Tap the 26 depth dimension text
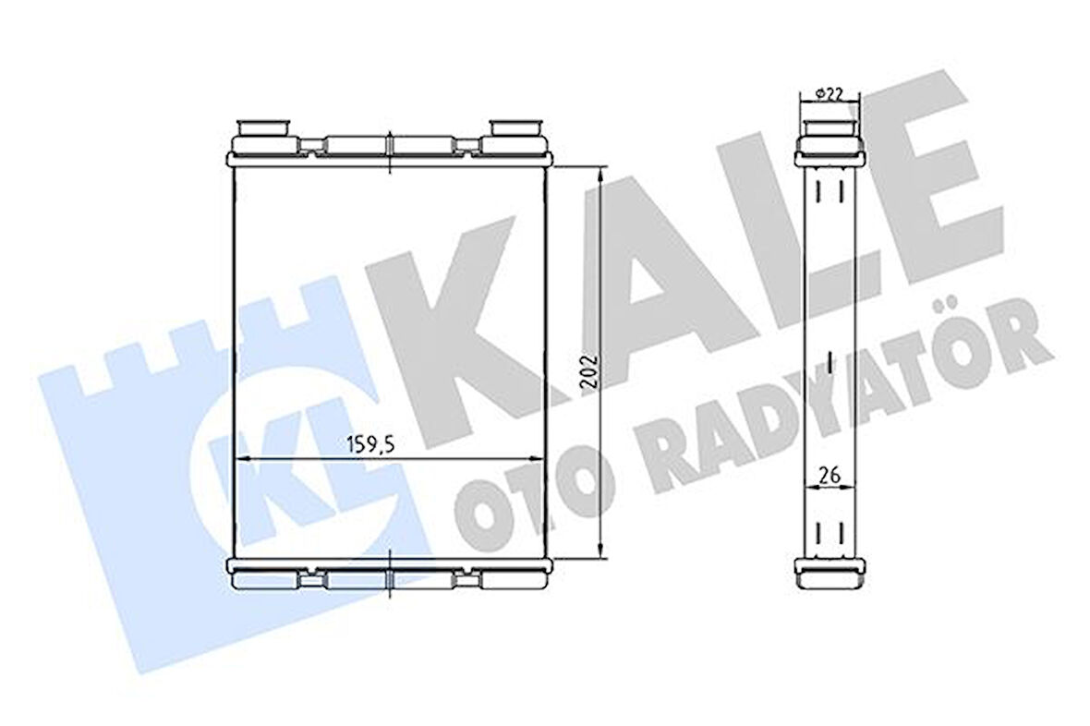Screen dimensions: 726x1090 click(x=829, y=476)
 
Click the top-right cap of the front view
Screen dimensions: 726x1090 click(x=517, y=127)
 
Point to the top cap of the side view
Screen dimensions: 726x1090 click(x=830, y=128)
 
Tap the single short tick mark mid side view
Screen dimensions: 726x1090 click(x=830, y=361)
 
